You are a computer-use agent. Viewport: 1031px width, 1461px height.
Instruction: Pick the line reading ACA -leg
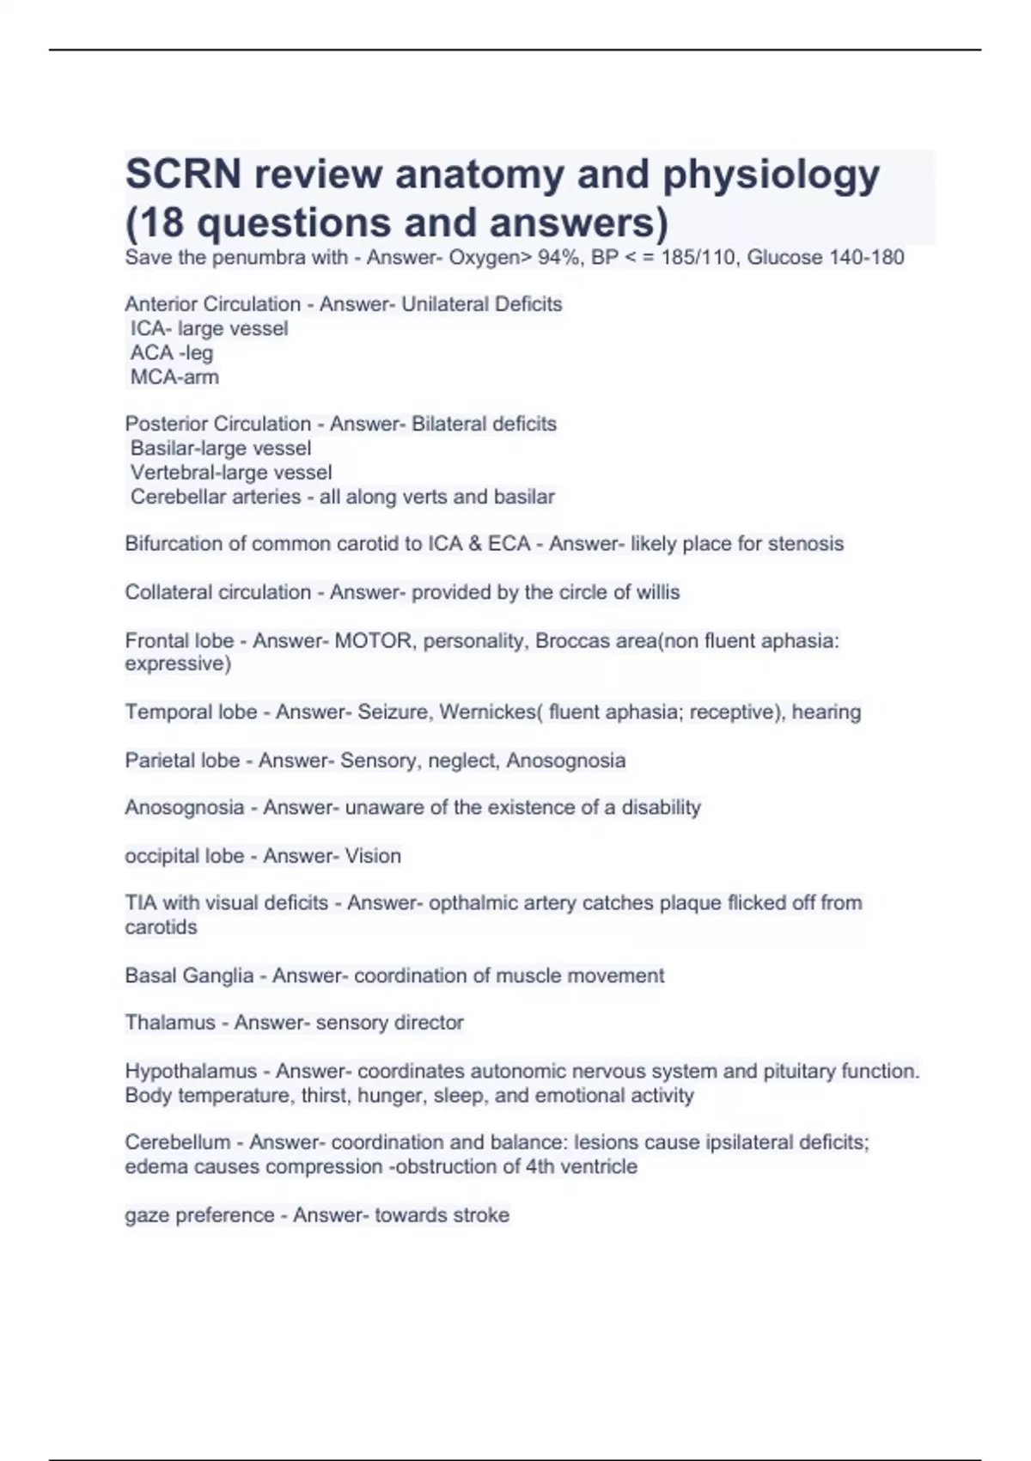click(x=172, y=352)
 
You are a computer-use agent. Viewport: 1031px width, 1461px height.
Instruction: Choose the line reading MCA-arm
click(x=174, y=376)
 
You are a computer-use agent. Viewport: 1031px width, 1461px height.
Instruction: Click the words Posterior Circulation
click(x=217, y=424)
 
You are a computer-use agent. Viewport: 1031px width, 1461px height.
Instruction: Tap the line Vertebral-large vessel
click(x=231, y=472)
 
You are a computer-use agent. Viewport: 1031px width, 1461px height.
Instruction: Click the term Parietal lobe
click(x=182, y=761)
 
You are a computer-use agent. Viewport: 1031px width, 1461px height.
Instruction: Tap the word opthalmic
click(x=473, y=902)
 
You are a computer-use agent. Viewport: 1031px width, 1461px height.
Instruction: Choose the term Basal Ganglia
click(x=189, y=975)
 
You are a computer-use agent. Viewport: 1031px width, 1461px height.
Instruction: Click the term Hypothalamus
click(x=191, y=1071)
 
